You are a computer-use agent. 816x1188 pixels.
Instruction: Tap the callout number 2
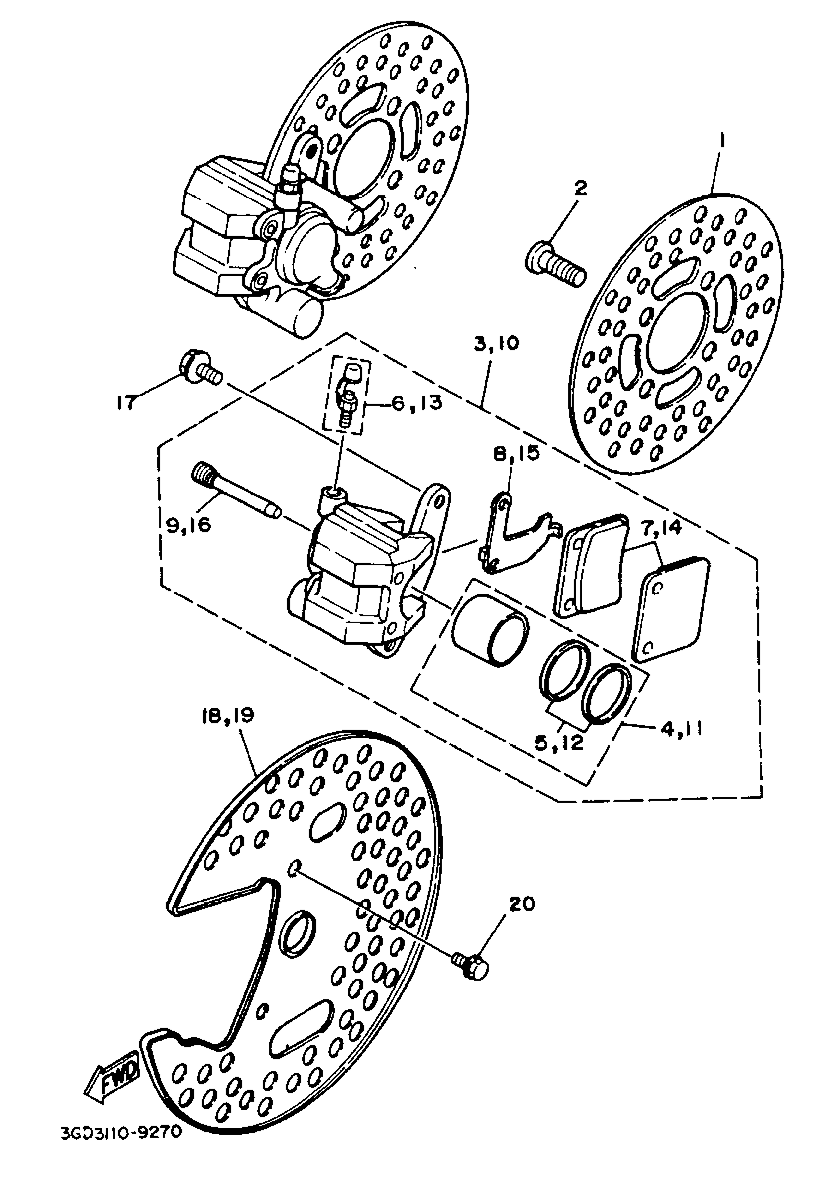click(581, 189)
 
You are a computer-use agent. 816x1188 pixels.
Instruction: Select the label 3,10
click(496, 343)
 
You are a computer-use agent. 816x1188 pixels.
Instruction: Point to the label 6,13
click(417, 403)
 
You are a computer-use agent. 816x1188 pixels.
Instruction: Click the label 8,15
click(516, 454)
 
